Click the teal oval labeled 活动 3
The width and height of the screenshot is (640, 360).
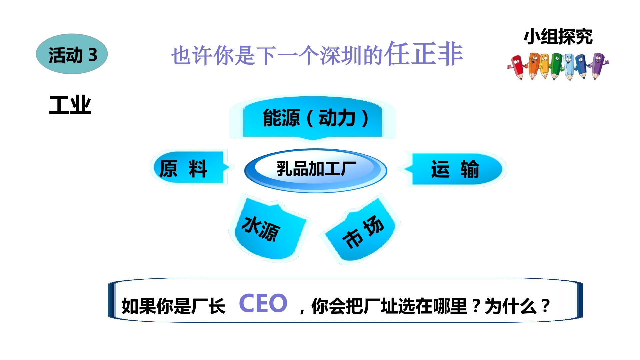(x=72, y=54)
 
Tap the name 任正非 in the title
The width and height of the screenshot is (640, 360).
(x=423, y=53)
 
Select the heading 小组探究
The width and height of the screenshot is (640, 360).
(x=558, y=37)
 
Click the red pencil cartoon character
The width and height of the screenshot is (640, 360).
(x=517, y=67)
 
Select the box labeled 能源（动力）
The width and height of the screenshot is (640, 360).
(x=312, y=118)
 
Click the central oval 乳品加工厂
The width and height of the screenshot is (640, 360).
(x=316, y=170)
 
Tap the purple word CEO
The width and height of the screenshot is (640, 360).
(x=263, y=303)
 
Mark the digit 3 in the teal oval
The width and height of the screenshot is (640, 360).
(x=93, y=55)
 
